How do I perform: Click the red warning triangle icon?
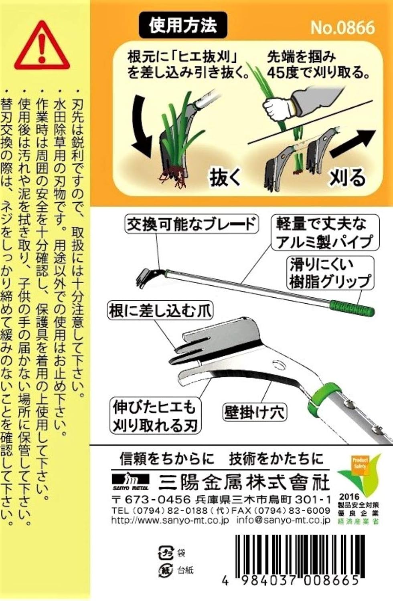42,45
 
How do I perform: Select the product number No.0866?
342,28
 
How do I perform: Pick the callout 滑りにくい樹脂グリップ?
330,273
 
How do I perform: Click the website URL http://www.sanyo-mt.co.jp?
170,520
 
